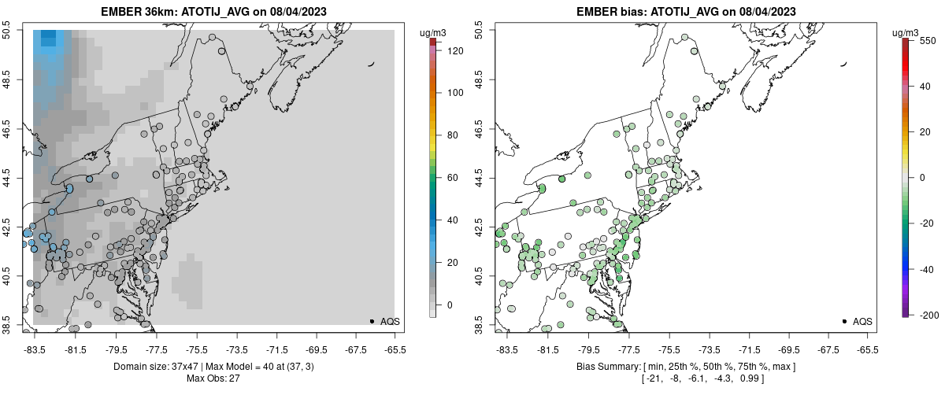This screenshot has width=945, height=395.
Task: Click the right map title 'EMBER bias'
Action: point(611,12)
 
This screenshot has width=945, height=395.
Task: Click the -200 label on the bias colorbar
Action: point(929,315)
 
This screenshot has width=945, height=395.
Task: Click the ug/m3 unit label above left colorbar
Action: point(434,33)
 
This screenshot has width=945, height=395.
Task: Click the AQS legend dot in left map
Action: point(371,321)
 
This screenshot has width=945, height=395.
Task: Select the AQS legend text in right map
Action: point(862,321)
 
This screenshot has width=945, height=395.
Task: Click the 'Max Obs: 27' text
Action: point(214,378)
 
